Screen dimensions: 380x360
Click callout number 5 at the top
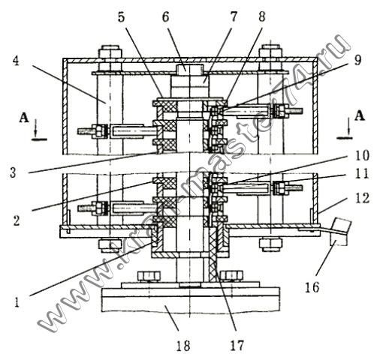pos(121,17)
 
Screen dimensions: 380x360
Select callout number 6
pos(166,17)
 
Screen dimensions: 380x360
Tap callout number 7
pos(234,17)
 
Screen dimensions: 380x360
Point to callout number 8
pos(261,17)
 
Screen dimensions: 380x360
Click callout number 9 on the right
pos(357,60)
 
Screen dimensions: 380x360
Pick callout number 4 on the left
pos(16,60)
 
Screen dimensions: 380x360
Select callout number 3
pos(13,172)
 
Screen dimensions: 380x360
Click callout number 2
pos(17,220)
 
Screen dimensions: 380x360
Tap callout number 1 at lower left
pos(17,302)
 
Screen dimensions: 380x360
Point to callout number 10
pos(361,155)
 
